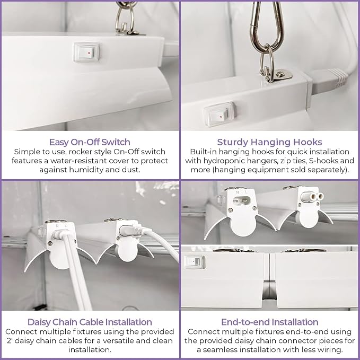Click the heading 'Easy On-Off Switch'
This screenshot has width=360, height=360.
click(90, 142)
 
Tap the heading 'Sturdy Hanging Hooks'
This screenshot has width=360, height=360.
click(269, 142)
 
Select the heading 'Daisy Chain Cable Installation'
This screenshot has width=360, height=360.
click(90, 322)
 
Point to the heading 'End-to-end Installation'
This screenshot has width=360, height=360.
click(270, 322)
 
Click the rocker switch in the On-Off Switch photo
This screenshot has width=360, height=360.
click(87, 52)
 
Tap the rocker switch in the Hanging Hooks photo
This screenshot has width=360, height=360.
click(219, 114)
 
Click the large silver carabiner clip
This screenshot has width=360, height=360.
click(267, 25)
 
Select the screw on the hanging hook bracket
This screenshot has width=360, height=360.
click(279, 74)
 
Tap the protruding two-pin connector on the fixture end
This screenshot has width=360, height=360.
click(313, 197)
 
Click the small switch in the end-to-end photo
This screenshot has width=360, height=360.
click(194, 262)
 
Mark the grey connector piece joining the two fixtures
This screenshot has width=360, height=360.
click(269, 289)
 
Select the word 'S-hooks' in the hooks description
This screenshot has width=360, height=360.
click(323, 161)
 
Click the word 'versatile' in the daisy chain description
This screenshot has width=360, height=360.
click(118, 341)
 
